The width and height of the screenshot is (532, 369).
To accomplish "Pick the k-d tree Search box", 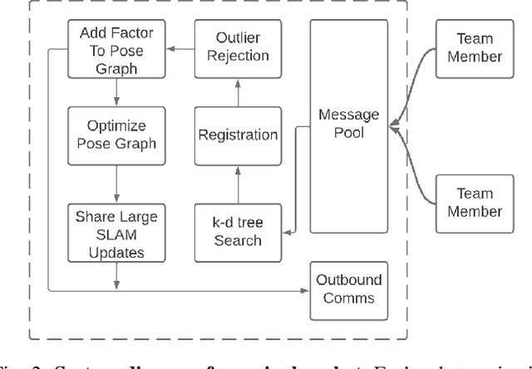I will (x=236, y=229).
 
